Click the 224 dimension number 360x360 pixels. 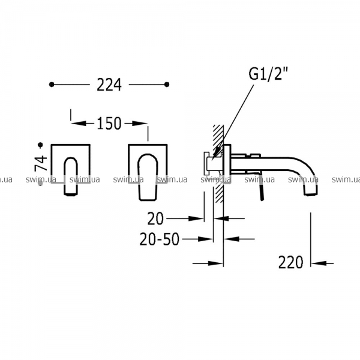(x=109, y=85)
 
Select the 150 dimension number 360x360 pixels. (x=109, y=124)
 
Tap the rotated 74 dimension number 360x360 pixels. (x=41, y=163)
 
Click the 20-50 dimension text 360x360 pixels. (x=160, y=239)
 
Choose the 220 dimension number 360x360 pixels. (x=290, y=262)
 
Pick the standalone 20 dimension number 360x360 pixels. (x=155, y=218)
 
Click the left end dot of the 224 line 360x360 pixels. (x=52, y=85)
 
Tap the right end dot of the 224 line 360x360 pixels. (x=167, y=85)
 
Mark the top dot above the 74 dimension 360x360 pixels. (x=41, y=145)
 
